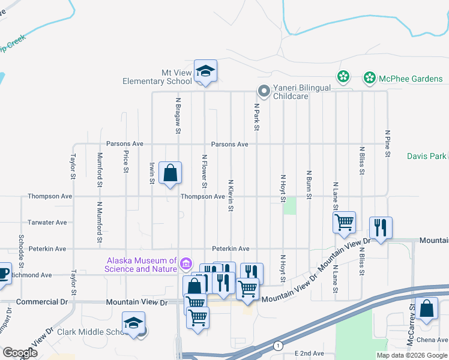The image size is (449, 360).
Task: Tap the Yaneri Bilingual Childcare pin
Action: coord(263,91)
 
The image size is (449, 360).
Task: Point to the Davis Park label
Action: coord(426,156)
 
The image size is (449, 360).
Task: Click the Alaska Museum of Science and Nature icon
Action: coord(186,264)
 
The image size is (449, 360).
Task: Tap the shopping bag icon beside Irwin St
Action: coord(170,173)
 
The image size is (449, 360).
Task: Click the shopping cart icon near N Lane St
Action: coord(345,223)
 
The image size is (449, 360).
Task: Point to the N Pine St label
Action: coord(388,144)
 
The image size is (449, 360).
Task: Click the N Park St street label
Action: coord(256,118)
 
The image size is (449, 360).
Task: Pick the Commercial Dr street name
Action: coord(43,302)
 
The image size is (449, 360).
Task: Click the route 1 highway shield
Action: coord(278,346)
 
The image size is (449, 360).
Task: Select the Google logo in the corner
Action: coord(20,353)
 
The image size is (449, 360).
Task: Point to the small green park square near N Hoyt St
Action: coord(290,206)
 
